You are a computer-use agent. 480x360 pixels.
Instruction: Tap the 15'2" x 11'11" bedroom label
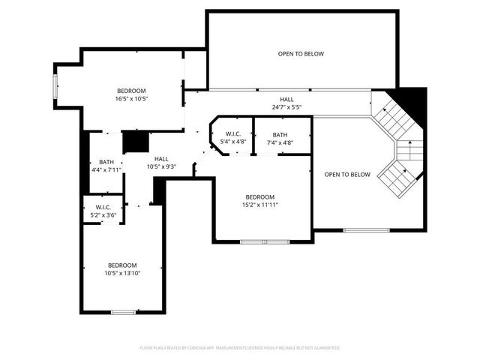click(260, 201)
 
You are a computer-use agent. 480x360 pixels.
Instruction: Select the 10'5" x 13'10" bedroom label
click(122, 268)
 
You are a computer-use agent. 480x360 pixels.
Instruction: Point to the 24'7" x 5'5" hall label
click(287, 103)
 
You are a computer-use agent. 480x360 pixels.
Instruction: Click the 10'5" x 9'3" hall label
click(161, 163)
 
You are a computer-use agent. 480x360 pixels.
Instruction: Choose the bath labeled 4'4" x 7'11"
click(106, 166)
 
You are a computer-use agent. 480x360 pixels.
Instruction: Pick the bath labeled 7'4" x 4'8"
click(280, 138)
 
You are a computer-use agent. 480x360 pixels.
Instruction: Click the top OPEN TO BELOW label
click(301, 54)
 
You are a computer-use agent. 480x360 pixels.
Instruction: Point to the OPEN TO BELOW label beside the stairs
click(347, 175)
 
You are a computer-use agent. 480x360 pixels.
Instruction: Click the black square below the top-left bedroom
click(136, 142)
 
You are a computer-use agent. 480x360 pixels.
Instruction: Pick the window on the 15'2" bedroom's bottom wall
click(264, 241)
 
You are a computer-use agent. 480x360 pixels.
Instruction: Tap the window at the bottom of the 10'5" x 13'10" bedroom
click(122, 311)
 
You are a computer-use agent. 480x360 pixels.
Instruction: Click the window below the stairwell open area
click(366, 229)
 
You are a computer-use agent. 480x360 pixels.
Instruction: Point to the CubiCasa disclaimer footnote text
click(240, 348)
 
